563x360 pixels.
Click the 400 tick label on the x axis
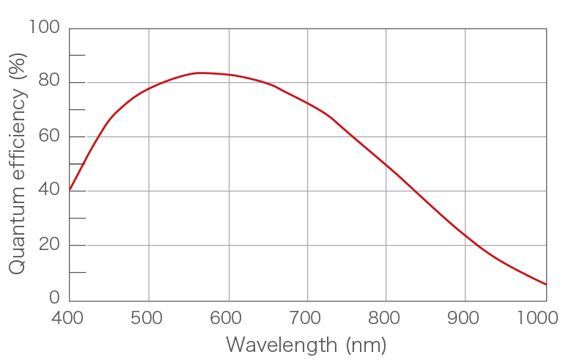[x=69, y=318]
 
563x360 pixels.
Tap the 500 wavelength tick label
[x=148, y=318]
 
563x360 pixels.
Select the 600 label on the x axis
[x=227, y=318]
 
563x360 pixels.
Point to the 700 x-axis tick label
[x=306, y=318]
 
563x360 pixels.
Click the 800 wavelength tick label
[x=386, y=318]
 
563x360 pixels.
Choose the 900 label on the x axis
[x=465, y=318]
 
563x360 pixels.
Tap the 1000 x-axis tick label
[x=539, y=318]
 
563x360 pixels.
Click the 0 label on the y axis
[x=54, y=298]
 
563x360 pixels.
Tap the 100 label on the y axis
[x=43, y=28]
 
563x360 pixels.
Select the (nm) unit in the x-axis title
[x=361, y=345]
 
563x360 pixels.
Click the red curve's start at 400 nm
[x=70, y=189]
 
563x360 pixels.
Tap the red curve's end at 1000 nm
[x=546, y=284]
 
